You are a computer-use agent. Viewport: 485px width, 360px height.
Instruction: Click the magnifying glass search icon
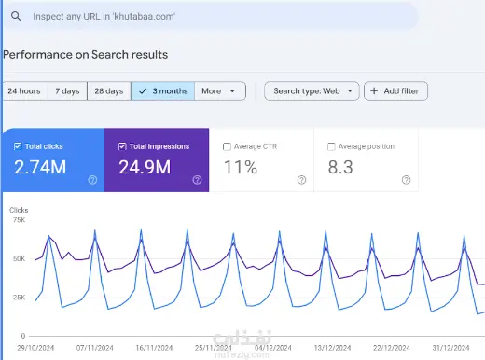16,16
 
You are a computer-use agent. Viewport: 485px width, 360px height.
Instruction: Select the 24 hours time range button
25,91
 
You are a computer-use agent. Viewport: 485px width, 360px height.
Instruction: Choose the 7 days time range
67,91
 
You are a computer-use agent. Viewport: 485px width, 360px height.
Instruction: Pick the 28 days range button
109,91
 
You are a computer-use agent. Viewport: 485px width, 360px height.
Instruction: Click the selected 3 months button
163,91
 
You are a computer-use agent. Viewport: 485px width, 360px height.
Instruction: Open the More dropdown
220,91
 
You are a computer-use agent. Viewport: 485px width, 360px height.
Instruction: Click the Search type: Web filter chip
312,91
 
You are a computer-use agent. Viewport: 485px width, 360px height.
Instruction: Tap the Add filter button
395,91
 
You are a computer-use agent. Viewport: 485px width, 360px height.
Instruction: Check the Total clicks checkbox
18,146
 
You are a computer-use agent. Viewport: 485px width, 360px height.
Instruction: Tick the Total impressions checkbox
122,146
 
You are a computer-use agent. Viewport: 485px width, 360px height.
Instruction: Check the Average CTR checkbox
227,146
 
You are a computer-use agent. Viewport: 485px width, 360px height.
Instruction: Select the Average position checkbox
331,146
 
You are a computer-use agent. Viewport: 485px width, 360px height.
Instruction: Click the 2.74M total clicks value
40,167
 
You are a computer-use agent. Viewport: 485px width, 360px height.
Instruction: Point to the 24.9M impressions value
145,167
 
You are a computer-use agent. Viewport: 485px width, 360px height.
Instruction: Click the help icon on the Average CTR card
301,180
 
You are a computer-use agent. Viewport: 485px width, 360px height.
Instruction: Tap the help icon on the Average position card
406,180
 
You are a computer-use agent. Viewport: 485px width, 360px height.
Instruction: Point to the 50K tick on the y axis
19,258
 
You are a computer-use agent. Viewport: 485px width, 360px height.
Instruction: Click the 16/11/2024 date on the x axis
154,348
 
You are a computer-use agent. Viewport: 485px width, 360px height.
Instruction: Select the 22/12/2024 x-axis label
392,348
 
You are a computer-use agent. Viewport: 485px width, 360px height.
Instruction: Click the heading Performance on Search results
86,55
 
